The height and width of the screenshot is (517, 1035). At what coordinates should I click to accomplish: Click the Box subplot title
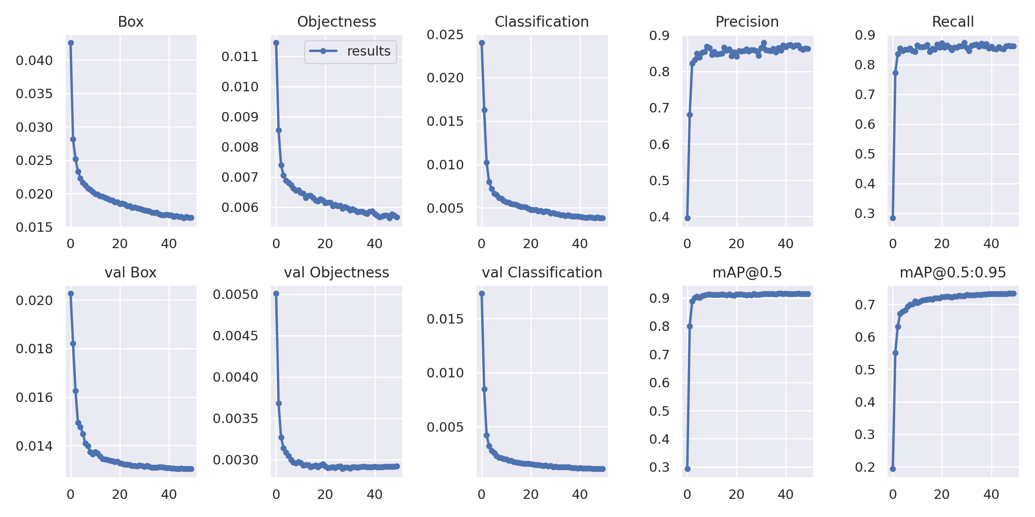coord(131,22)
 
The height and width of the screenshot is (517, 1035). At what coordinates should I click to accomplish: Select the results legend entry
coord(350,51)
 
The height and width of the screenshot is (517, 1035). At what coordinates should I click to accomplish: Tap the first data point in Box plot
coord(71,43)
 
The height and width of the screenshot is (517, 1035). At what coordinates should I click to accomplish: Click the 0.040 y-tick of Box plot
coord(34,60)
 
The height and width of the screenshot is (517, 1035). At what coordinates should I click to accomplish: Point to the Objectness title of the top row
coord(336,22)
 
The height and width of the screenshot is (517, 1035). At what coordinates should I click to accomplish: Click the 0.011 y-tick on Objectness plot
coord(240,56)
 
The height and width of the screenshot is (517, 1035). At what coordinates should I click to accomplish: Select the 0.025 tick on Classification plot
coord(445,34)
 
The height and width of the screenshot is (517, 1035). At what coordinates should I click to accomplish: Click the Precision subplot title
coord(747,22)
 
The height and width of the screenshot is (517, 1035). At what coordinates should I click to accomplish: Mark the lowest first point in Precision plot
coord(687,218)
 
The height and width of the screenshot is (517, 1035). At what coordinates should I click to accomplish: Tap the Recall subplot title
coord(953,22)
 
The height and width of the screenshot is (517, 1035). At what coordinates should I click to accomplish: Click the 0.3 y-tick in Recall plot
coord(865,213)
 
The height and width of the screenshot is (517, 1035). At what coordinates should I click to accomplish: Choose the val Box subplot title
coord(131,272)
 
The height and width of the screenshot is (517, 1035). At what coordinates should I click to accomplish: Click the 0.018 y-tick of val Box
coord(34,349)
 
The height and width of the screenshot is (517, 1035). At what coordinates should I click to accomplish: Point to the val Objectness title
coord(336,272)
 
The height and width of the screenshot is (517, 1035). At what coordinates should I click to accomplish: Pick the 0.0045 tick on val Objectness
coord(235,336)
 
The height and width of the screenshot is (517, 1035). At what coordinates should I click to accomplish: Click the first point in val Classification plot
coord(482,293)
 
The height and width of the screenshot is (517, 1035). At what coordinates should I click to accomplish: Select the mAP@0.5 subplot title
coord(747,272)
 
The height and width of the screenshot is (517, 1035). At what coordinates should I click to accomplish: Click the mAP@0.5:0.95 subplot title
coord(953,272)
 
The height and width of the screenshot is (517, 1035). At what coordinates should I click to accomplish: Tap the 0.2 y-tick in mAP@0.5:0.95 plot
coord(865,467)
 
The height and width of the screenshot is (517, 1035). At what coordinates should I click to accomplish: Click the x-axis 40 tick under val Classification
coord(580,494)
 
